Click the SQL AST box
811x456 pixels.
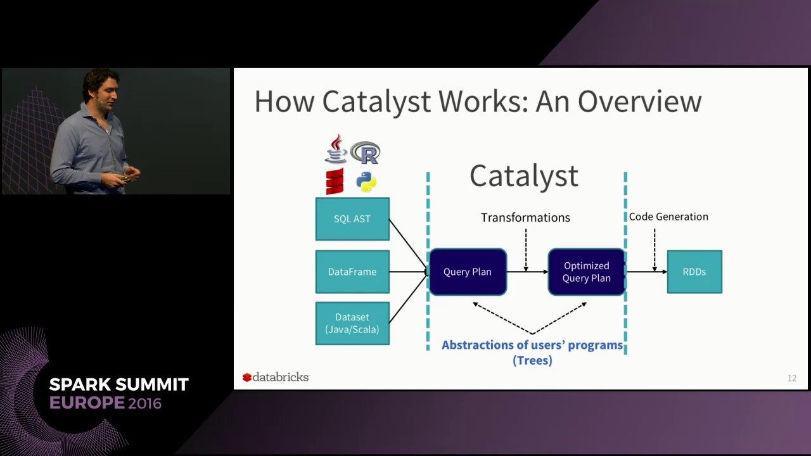click(x=352, y=219)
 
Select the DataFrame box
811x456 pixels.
click(x=352, y=272)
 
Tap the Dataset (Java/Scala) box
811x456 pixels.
click(x=352, y=323)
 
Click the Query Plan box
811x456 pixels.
click(x=468, y=272)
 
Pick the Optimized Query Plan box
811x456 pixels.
click(x=586, y=272)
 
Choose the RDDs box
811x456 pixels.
click(x=694, y=272)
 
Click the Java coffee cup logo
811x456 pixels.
click(x=335, y=149)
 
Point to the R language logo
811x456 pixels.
click(x=366, y=153)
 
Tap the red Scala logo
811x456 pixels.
click(x=335, y=181)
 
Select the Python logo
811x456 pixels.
click(x=366, y=182)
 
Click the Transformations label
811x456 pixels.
click(x=525, y=217)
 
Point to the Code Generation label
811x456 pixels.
click(x=668, y=217)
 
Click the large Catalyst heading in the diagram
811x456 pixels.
click(x=524, y=176)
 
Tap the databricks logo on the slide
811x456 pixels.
click(x=276, y=377)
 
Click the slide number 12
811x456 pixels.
click(x=791, y=378)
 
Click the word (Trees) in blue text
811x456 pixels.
click(x=532, y=360)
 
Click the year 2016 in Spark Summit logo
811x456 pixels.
click(x=144, y=403)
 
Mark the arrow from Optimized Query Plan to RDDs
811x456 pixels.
click(x=646, y=272)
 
